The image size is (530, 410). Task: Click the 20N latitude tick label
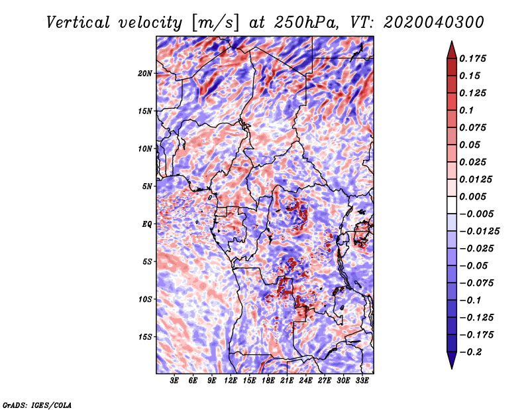coord(145,74)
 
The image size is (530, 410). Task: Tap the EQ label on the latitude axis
coord(146,224)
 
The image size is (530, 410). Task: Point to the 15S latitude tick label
coord(145,337)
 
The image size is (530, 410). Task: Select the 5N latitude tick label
coord(147,186)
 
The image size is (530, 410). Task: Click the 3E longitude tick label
coord(174,381)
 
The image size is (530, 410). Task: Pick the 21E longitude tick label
coord(287,381)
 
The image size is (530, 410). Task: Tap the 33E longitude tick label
coord(362,381)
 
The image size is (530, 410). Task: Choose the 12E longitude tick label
coord(230,381)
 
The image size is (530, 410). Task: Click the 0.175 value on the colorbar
coord(472,58)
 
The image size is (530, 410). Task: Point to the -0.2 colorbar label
coord(470,352)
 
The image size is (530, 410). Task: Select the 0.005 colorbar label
coord(472,196)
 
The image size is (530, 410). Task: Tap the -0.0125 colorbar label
coord(479,232)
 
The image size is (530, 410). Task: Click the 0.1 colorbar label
coord(466,110)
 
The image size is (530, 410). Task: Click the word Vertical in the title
coord(78,23)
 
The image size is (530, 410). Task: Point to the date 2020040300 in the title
coord(434,23)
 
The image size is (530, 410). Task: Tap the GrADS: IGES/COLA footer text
coord(37,405)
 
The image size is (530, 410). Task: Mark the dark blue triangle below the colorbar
coord(452,360)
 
